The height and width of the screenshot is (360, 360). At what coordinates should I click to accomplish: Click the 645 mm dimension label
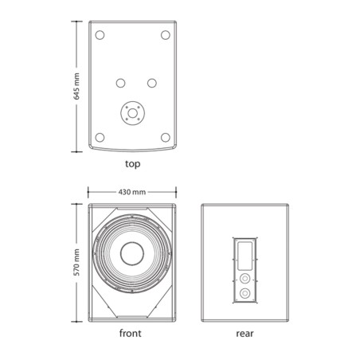pos(76,86)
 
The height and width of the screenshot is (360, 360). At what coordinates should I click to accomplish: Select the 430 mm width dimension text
pos(132,192)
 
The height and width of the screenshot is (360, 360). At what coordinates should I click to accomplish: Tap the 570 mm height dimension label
pos(76,262)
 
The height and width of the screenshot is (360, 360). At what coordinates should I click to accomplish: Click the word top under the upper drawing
pos(133,164)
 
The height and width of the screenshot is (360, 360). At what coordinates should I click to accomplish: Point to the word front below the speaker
pos(131,333)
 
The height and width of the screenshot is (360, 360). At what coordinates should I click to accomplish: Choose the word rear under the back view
pos(245,334)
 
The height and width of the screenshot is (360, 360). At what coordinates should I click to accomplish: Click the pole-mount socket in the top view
pos(132,113)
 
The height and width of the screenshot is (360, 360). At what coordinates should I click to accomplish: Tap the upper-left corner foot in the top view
pos(100,35)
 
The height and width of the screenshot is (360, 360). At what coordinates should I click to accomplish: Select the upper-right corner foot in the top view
pos(166,35)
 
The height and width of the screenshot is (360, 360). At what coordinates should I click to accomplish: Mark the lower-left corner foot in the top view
pos(100,138)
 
